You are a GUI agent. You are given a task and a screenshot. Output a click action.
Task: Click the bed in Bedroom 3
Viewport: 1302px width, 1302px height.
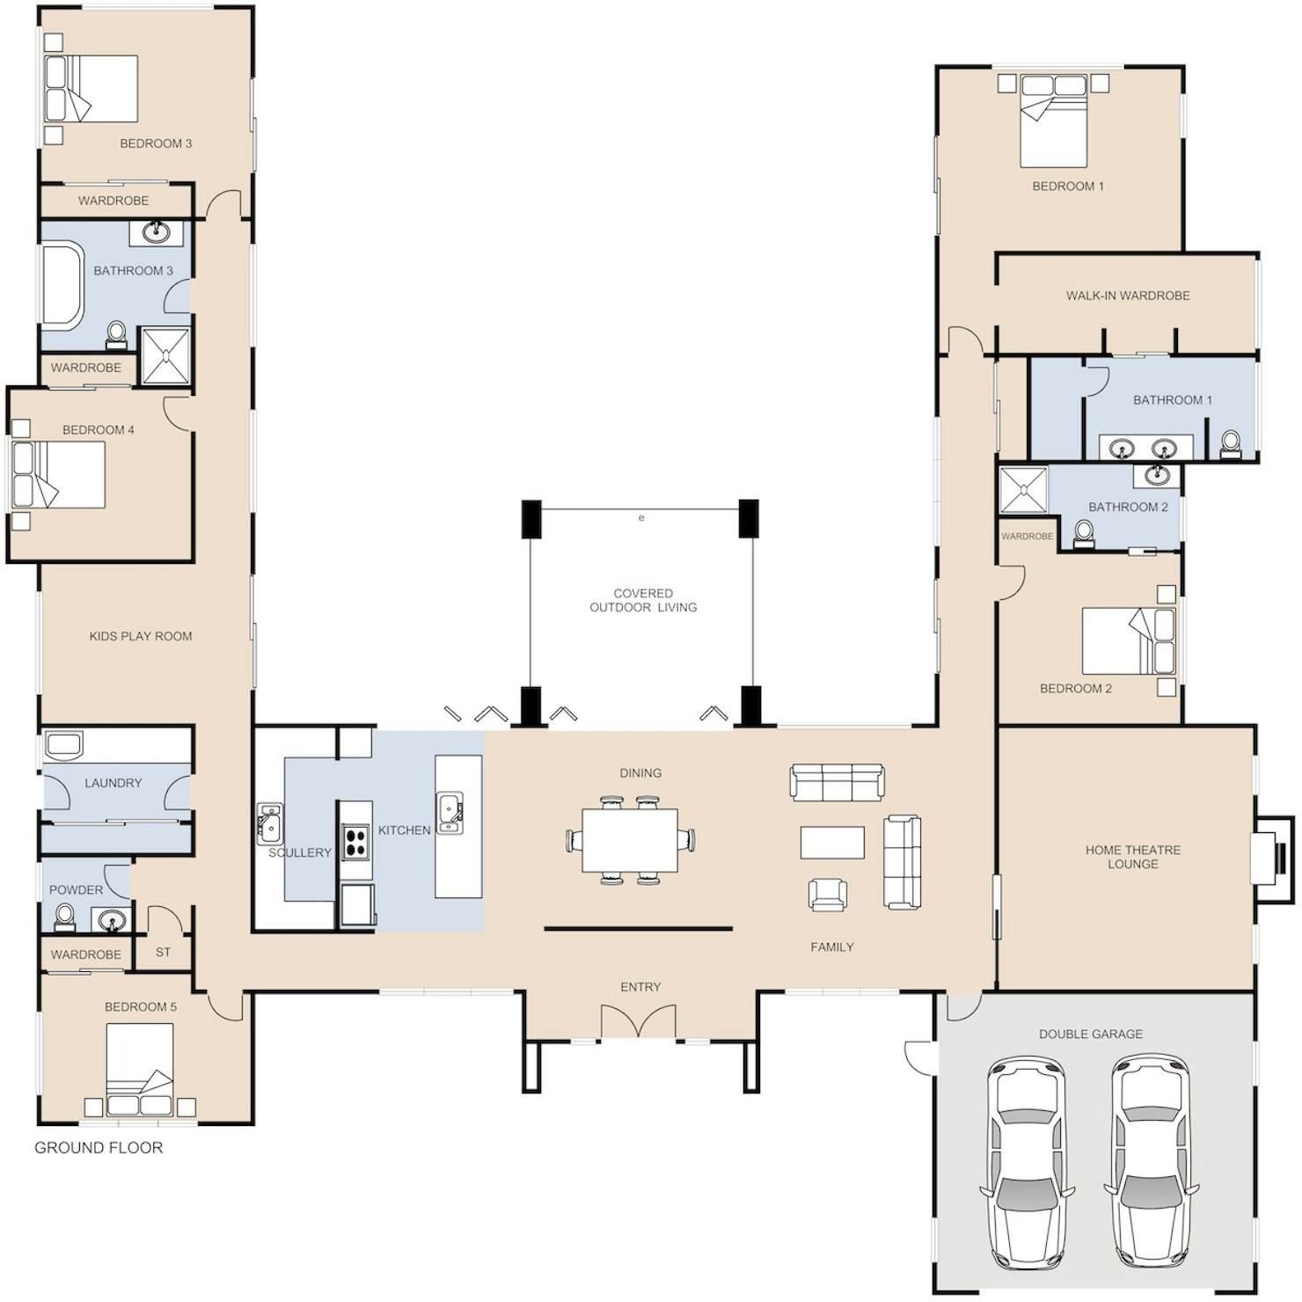point(91,89)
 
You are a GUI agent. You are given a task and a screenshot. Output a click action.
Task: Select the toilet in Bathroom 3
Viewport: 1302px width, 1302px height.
point(115,333)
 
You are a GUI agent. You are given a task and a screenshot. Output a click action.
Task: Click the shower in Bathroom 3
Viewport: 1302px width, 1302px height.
point(165,355)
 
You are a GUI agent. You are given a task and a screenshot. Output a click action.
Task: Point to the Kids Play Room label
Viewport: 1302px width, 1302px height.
point(141,636)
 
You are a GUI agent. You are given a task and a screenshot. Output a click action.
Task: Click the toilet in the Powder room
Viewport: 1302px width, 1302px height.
point(64,918)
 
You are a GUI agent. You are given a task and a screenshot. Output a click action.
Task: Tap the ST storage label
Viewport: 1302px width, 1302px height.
point(163,952)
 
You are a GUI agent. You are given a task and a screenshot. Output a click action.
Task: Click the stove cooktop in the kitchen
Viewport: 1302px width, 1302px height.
point(355,841)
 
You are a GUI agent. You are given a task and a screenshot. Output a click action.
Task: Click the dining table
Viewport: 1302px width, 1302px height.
point(630,838)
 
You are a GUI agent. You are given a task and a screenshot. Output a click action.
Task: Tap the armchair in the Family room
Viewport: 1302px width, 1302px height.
point(828,895)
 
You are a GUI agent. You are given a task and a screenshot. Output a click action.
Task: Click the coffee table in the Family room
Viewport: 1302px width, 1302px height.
point(832,842)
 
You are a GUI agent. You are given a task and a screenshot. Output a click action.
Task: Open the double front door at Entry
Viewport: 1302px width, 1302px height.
point(640,1021)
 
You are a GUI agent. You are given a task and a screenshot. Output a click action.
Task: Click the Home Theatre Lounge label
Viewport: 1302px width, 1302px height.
point(1133,857)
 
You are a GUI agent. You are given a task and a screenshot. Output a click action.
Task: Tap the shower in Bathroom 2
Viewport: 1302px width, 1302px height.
point(1024,489)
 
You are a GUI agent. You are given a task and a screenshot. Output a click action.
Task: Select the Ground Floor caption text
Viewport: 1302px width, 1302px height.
point(99,1147)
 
